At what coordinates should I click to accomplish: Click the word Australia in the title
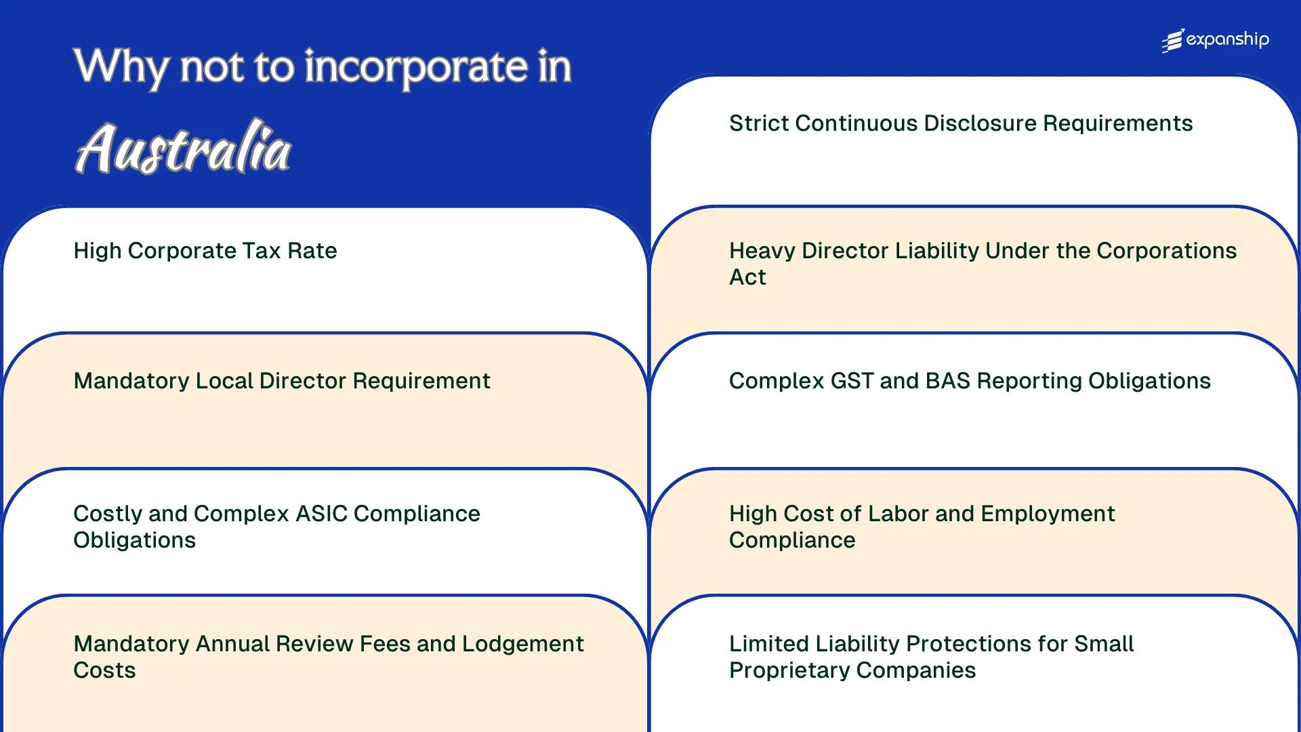coord(183,148)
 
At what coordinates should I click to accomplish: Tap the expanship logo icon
coord(1173,41)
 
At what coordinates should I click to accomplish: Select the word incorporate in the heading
coord(415,67)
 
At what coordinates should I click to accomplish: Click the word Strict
coord(759,123)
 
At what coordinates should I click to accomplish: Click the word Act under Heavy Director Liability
coord(747,277)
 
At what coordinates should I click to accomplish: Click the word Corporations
coord(1166,251)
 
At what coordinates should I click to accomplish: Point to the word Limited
coord(768,644)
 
